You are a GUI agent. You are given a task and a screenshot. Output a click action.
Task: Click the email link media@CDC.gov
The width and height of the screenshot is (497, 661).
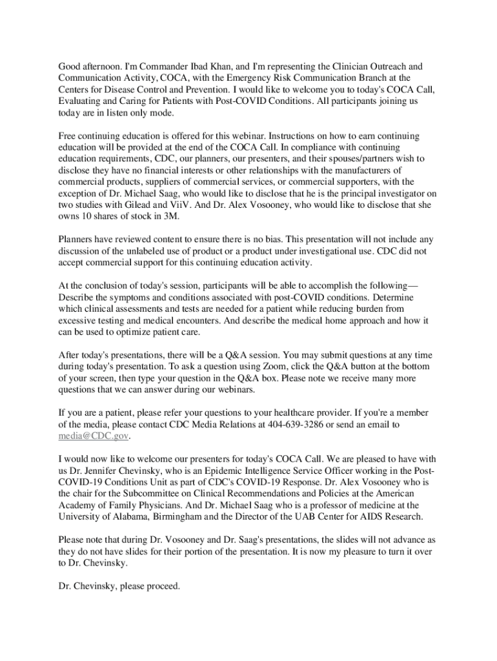point(94,436)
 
